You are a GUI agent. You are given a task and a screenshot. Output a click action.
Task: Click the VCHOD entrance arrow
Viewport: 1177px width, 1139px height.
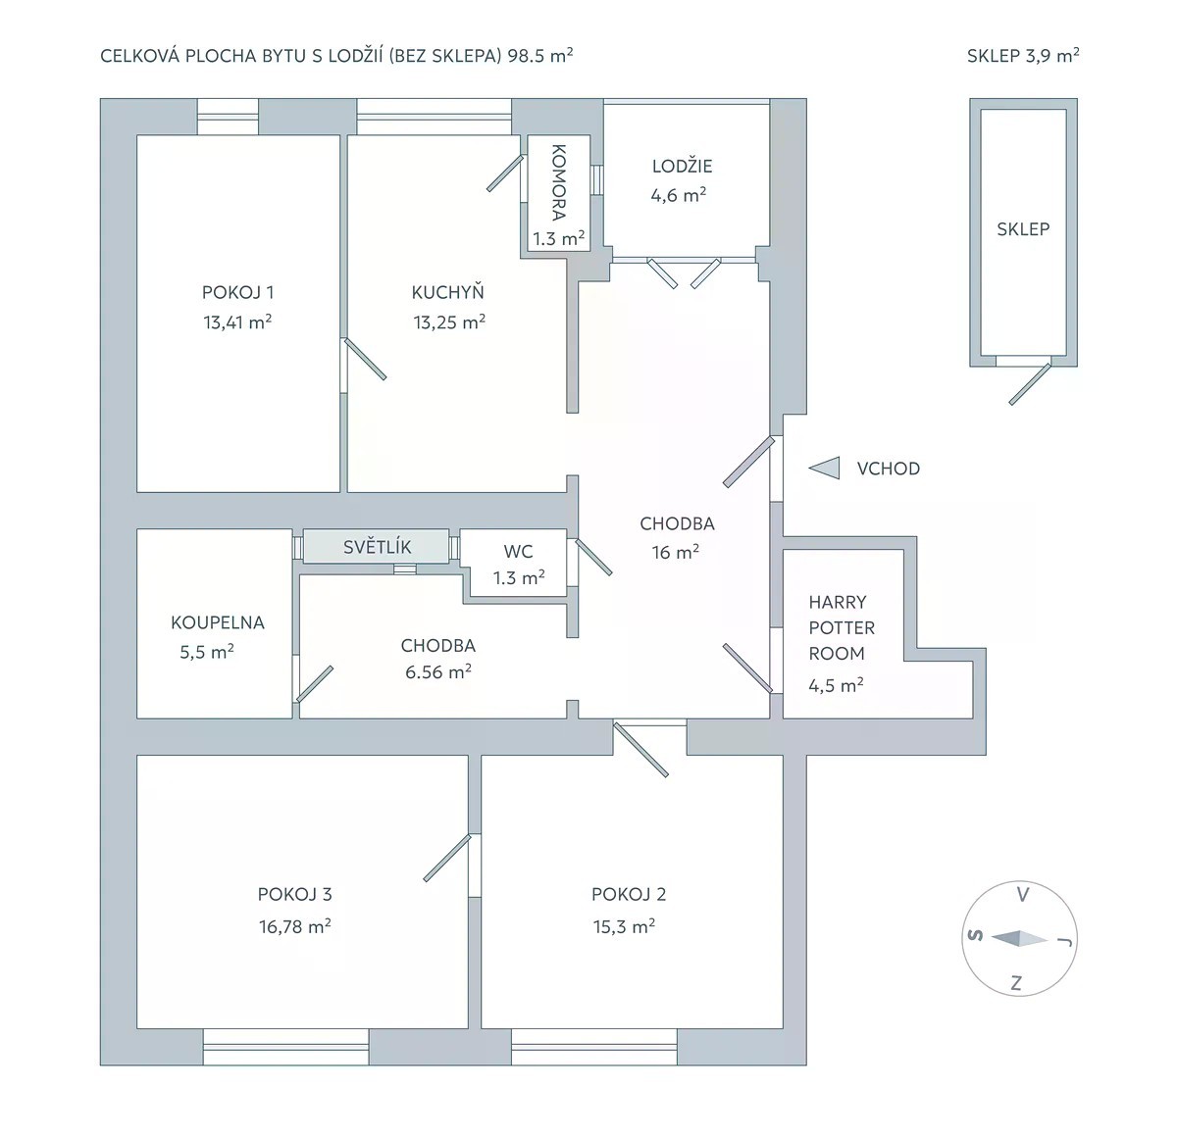coord(824,469)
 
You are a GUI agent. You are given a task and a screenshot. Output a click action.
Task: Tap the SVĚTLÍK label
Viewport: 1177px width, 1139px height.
coord(378,547)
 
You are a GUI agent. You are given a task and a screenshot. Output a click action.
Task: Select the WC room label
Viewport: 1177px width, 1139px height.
coord(518,551)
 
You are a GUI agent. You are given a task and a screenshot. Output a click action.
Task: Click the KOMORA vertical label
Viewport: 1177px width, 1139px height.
coord(558,182)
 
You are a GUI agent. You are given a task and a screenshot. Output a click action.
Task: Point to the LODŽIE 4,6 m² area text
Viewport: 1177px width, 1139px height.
coord(681,180)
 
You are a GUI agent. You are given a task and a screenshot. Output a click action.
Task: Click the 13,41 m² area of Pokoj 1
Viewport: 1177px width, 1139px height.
coord(237,322)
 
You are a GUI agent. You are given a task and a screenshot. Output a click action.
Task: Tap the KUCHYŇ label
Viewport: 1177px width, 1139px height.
coord(447,292)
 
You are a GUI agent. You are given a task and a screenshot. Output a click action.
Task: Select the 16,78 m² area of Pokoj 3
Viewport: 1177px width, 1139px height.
coord(295,927)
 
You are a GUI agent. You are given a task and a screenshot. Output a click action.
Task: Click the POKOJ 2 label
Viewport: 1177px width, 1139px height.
coord(629,894)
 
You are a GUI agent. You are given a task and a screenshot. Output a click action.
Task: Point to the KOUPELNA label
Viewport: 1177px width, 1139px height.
coord(218,622)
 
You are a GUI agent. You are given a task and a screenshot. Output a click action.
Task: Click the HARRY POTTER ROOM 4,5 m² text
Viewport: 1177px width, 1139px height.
coord(842,644)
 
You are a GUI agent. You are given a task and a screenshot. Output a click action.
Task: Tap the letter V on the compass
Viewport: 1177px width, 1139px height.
coord(1023,895)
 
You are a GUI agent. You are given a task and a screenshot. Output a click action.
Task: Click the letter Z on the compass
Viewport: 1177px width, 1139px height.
coord(1017,983)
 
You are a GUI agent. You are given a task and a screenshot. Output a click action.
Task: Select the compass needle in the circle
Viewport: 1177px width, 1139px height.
coord(1020,939)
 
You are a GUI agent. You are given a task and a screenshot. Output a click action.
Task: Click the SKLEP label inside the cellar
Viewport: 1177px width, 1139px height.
coord(1023,229)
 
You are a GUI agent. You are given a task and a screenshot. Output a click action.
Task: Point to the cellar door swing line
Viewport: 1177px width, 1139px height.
coord(1030,384)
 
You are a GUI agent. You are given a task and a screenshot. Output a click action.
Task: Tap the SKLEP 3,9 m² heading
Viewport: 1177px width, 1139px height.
coord(1023,56)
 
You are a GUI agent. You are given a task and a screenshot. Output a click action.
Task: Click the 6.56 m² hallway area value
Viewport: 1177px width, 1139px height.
coord(437,671)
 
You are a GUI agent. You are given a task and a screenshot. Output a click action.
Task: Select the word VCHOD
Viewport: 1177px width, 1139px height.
coord(889,469)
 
